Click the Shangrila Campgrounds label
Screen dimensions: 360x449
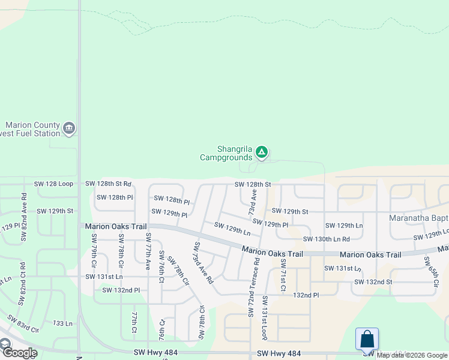point(226,154)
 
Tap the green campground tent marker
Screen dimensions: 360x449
point(262,152)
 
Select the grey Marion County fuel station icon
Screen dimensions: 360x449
point(70,128)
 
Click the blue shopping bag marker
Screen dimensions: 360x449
point(367,339)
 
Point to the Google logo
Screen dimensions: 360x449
point(19,353)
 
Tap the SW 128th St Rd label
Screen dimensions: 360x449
point(108,184)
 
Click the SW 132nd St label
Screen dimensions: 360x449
point(373,281)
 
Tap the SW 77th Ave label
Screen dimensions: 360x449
point(147,251)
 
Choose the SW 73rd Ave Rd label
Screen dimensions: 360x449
point(203,263)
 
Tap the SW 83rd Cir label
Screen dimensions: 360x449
point(23,325)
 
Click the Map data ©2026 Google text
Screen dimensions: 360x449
point(412,355)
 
